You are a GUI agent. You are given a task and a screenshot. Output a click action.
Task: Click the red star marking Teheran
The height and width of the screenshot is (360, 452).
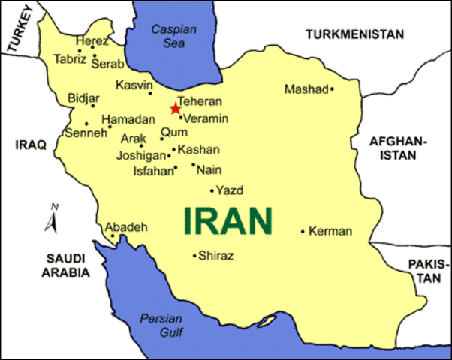tap(176, 108)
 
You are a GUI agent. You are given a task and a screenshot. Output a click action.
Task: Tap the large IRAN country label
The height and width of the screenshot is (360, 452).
tap(228, 221)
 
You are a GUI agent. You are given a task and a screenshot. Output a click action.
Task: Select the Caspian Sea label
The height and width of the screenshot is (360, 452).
tap(173, 37)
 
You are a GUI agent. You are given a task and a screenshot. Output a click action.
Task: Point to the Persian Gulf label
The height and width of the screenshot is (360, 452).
tap(161, 325)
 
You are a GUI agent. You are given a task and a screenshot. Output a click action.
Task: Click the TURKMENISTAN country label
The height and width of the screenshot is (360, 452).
tap(355, 34)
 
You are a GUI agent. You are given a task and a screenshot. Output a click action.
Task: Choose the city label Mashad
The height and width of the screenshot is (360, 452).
tap(306, 89)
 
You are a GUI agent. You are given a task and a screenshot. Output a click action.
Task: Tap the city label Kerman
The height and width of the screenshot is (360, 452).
tap(330, 231)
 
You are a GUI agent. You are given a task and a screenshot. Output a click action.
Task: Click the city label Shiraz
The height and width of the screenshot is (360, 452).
tap(215, 256)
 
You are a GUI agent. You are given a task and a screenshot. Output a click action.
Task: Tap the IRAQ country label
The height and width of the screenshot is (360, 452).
tap(31, 143)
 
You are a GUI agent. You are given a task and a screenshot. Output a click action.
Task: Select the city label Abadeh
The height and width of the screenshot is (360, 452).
tap(126, 226)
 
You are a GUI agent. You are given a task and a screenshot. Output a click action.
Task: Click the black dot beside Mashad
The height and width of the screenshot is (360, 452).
tap(332, 89)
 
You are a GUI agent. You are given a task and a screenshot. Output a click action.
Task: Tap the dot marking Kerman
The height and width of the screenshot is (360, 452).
tap(303, 231)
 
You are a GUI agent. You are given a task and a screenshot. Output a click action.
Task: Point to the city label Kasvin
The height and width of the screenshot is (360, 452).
tap(134, 85)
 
